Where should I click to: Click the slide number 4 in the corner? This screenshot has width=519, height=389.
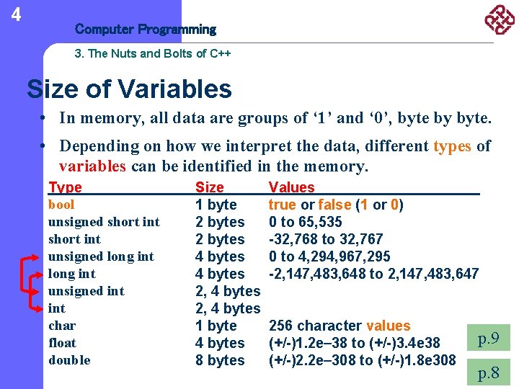(16, 14)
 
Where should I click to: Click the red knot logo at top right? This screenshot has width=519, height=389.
(499, 19)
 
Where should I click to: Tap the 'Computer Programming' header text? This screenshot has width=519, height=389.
(145, 30)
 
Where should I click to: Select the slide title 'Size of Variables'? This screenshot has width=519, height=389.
(130, 89)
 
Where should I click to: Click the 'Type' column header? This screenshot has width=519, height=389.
(65, 187)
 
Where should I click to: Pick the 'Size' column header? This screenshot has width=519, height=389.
(210, 187)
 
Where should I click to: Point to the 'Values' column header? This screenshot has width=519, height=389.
(291, 187)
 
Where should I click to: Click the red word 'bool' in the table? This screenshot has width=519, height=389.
(61, 205)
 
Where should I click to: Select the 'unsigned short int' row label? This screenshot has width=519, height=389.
(104, 222)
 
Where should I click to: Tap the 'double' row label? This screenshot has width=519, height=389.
(69, 360)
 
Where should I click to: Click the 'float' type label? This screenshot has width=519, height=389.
(62, 343)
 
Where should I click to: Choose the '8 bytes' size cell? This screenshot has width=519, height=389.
(220, 360)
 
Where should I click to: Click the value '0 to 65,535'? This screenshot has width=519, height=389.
(305, 222)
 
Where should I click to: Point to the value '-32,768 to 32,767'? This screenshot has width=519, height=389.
(325, 239)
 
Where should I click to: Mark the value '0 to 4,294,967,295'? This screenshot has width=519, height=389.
(329, 256)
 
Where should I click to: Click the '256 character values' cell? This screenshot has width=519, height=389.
(339, 326)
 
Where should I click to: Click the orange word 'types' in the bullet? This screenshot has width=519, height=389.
(452, 146)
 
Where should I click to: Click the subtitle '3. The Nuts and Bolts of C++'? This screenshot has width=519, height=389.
(152, 54)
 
